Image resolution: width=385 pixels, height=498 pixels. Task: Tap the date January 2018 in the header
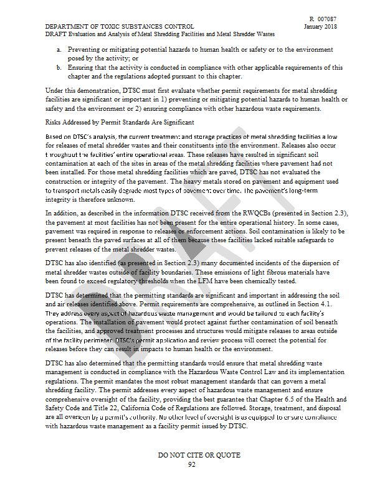pyautogui.click(x=321, y=27)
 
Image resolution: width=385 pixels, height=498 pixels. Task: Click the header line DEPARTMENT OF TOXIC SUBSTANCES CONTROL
pyautogui.click(x=120, y=27)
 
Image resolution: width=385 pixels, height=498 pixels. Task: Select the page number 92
pyautogui.click(x=192, y=464)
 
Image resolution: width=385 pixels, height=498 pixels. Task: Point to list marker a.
pyautogui.click(x=59, y=49)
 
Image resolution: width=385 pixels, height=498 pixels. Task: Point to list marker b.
pyautogui.click(x=59, y=67)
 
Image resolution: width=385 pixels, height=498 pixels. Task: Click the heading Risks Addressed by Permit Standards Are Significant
pyautogui.click(x=120, y=123)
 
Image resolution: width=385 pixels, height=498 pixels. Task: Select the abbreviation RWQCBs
pyautogui.click(x=257, y=214)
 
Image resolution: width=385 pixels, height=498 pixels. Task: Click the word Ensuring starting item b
pyautogui.click(x=82, y=67)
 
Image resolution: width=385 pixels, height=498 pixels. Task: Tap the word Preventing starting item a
pyautogui.click(x=87, y=49)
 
